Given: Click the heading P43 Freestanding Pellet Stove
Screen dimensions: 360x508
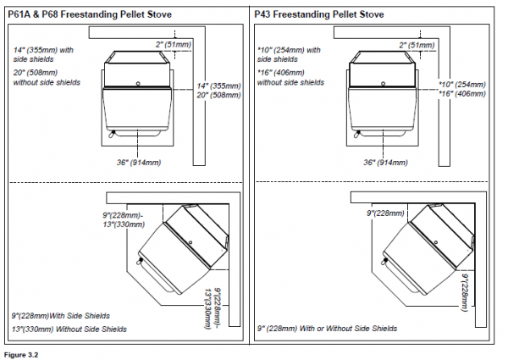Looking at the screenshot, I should pos(317,14).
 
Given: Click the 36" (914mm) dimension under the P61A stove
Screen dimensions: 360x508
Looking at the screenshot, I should pos(135,161).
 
